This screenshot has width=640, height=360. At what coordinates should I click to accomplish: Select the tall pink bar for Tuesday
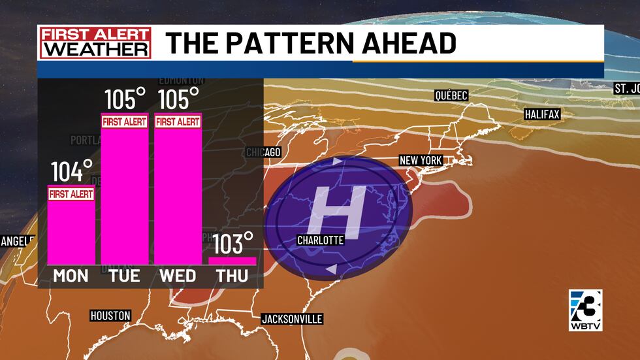124,196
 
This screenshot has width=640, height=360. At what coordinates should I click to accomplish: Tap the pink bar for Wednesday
178,196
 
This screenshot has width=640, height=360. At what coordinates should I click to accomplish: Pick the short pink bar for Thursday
232,261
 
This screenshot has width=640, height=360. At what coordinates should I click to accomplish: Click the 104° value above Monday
72,172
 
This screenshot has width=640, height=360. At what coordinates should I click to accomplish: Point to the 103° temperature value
232,244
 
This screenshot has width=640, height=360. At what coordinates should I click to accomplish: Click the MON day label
71,276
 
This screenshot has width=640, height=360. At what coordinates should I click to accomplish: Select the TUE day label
124,276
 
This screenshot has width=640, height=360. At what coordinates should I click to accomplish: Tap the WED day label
178,276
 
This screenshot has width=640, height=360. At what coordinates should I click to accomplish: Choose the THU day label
232,276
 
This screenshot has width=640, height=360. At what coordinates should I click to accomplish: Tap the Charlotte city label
320,240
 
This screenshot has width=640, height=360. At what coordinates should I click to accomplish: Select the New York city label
421,161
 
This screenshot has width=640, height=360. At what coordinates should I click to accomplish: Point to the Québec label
451,96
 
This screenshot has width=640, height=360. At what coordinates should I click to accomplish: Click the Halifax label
543,114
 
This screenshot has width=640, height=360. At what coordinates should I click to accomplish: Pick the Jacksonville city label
292,319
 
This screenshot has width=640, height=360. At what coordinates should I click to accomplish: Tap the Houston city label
110,316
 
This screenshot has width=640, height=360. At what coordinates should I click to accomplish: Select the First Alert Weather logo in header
95,42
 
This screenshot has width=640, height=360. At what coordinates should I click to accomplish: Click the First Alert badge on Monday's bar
71,193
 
